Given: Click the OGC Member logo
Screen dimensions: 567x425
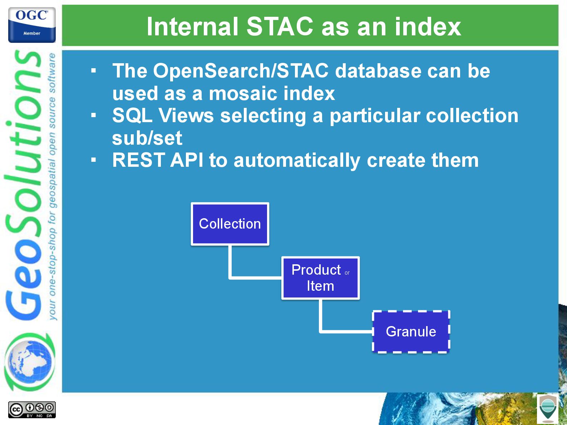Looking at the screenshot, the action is coord(32,25).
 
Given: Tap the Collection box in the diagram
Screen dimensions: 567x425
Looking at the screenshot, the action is coord(230,224).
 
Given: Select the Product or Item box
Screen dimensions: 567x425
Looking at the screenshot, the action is coord(320,278).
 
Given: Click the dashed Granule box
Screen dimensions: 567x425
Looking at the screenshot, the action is coord(411,331).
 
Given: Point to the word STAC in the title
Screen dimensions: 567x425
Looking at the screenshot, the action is coord(280,26).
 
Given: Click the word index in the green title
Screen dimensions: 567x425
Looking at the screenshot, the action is coord(428,26).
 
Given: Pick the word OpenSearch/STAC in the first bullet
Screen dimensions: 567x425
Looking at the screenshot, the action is coord(241,71).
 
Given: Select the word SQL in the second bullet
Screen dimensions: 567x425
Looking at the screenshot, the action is coord(132,116).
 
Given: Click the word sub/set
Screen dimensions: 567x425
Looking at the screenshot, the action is coord(147,138).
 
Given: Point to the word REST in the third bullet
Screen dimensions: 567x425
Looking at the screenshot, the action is coord(138,160).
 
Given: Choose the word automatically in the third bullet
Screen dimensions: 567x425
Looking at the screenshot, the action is coord(297,161).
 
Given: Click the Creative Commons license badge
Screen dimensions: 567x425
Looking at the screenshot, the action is coord(32,410).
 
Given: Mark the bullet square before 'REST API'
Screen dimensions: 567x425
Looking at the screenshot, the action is coord(94,160).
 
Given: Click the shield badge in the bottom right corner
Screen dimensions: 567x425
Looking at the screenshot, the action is coord(547,409).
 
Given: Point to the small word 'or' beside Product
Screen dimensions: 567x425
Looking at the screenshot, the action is coord(347,273).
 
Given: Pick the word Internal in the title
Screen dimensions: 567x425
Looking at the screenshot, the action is coord(192,26).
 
